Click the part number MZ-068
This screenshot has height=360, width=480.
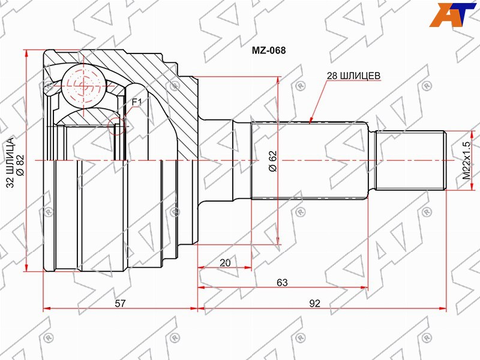pos(268,50)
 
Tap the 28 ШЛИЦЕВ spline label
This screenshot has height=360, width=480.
pos(353,76)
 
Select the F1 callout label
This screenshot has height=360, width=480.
pos(137,102)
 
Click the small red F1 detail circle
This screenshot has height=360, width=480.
pos(117,126)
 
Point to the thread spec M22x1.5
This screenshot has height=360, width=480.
pos(467,160)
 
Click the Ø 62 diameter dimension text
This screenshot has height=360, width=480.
pos(272,161)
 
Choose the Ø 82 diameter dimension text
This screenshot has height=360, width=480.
pos(20,165)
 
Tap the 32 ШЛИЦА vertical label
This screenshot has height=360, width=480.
pos(10,163)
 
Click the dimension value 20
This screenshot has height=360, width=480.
pos(226,263)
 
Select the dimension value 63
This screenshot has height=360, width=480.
pos(282,282)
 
